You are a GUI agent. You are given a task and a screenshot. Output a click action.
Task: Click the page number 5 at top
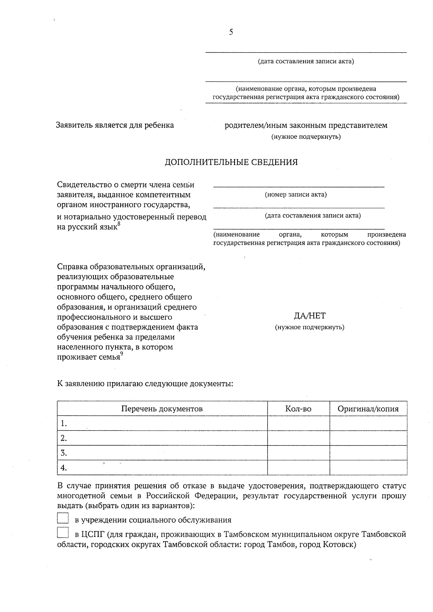click(x=231, y=32)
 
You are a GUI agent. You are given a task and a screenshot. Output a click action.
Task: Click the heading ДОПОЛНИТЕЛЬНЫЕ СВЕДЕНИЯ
click(x=231, y=162)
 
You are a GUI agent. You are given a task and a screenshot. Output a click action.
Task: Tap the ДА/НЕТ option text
click(x=310, y=316)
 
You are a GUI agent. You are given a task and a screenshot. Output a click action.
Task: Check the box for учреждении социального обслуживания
click(x=63, y=519)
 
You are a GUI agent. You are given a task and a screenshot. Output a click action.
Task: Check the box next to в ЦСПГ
click(x=63, y=534)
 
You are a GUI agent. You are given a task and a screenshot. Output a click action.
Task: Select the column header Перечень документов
click(x=162, y=409)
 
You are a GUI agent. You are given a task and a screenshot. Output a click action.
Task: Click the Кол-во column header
click(x=298, y=409)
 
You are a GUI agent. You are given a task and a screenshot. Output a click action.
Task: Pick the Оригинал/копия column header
click(x=368, y=409)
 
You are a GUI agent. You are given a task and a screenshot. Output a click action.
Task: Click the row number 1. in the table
click(x=64, y=423)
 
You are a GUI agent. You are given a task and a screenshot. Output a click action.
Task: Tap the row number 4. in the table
click(x=64, y=468)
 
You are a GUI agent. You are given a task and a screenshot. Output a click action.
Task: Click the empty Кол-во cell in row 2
click(x=298, y=438)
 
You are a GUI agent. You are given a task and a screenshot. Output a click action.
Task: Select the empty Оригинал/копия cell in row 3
click(x=368, y=453)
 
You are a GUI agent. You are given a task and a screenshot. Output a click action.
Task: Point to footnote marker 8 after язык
click(x=119, y=224)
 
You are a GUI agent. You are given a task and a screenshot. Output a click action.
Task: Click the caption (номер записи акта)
click(x=296, y=195)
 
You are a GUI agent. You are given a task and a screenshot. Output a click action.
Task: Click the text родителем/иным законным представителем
click(x=306, y=126)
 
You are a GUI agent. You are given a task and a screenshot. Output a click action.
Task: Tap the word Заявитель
click(x=74, y=125)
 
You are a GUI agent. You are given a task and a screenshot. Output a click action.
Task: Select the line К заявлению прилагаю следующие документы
click(x=145, y=383)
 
